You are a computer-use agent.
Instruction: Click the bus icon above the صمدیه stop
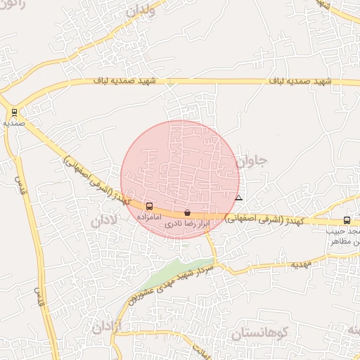14,112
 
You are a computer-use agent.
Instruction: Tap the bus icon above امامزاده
149,207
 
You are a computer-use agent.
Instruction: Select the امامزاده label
148,218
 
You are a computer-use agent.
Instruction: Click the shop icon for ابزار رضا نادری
187,212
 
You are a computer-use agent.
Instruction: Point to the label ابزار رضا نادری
187,225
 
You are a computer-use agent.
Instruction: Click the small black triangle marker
239,198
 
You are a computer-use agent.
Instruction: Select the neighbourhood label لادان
105,222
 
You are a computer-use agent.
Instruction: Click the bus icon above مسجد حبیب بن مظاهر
347,221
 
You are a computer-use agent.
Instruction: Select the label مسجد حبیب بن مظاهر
345,236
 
